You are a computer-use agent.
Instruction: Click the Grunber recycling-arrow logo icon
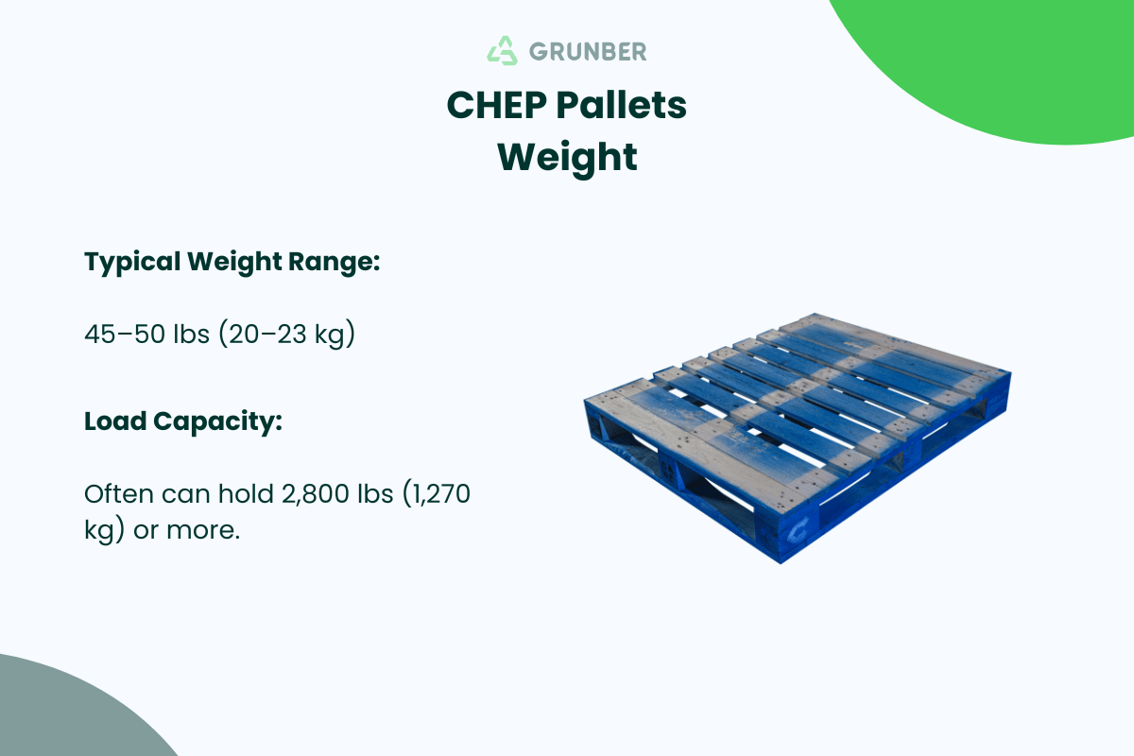pos(502,50)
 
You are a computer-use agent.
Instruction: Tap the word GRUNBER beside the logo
pos(588,51)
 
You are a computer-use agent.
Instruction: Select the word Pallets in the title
pos(625,106)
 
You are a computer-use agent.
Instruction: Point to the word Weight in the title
pos(567,157)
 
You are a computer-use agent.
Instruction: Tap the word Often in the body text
pos(115,494)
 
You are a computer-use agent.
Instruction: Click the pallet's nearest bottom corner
pos(782,561)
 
